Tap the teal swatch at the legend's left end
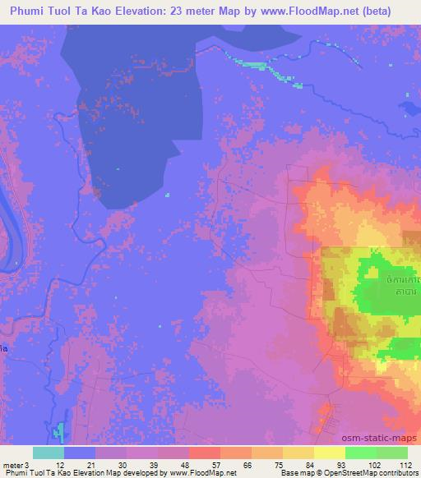tap(48, 452)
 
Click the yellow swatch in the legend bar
tap(330, 452)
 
